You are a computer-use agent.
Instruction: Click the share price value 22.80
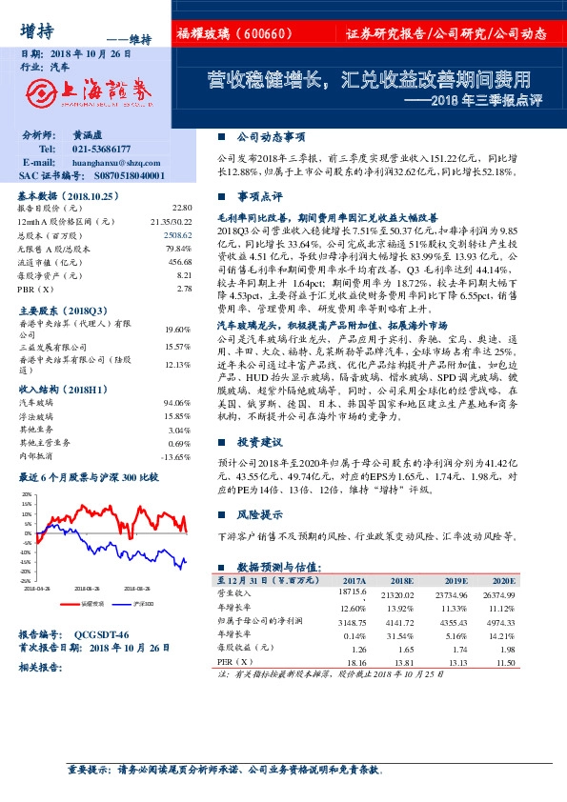pyautogui.click(x=182, y=207)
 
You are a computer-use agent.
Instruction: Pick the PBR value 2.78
pyautogui.click(x=185, y=288)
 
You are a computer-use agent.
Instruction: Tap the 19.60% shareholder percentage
pyautogui.click(x=177, y=329)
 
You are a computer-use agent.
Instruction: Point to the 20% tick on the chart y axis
pyautogui.click(x=26, y=495)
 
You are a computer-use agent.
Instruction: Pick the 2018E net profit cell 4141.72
pyautogui.click(x=400, y=620)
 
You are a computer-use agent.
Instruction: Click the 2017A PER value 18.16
pyautogui.click(x=354, y=660)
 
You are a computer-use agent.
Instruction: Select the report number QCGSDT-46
pyautogui.click(x=101, y=634)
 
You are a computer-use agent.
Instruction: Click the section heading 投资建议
pyautogui.click(x=260, y=443)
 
